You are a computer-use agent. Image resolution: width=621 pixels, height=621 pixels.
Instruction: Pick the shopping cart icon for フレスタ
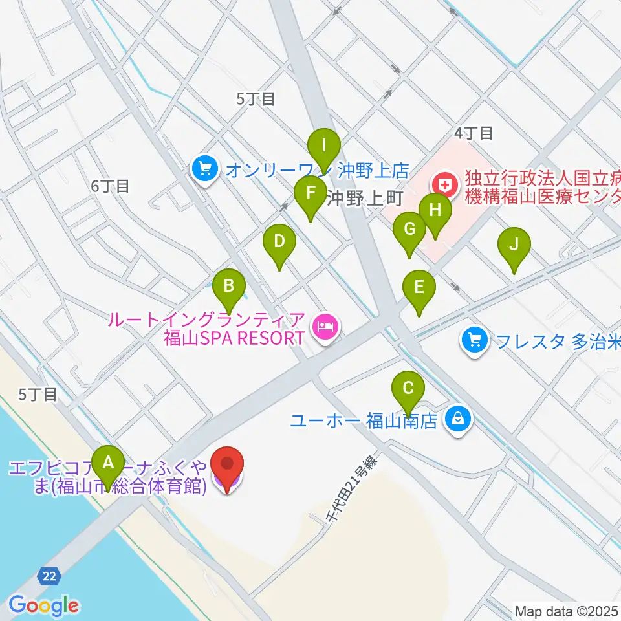click(x=475, y=340)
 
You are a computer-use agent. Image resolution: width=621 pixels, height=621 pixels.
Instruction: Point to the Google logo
click(x=43, y=605)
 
